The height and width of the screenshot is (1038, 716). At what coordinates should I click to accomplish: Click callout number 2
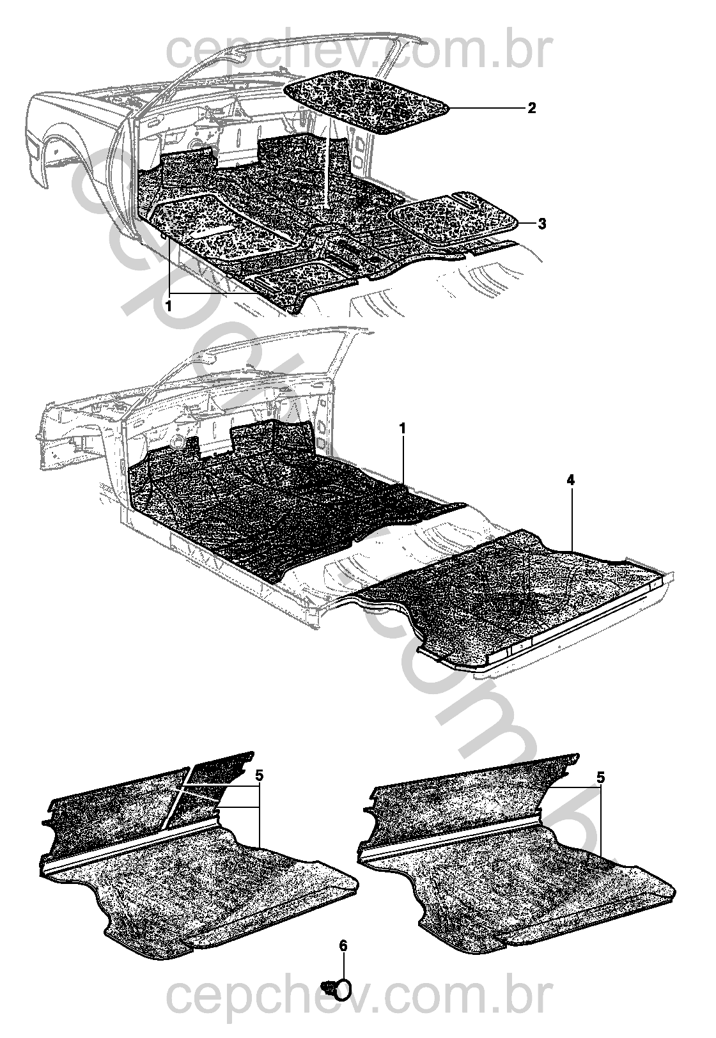click(531, 109)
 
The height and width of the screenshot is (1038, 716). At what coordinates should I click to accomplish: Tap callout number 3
click(541, 224)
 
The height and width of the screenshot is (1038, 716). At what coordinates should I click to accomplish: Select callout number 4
click(570, 481)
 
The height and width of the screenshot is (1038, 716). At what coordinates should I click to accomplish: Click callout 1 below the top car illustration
click(169, 307)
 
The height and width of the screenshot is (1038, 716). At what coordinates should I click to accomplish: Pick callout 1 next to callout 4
click(402, 429)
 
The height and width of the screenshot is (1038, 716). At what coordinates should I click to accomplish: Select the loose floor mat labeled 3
click(454, 217)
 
